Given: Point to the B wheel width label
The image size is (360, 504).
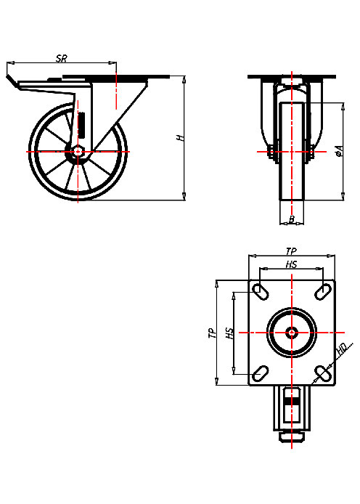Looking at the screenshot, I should [x=291, y=219].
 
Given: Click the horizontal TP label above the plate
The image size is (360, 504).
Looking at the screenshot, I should [x=291, y=251].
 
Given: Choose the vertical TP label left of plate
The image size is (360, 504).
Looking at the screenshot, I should [x=212, y=333].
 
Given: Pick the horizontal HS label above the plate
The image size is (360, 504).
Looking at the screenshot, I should [x=291, y=264].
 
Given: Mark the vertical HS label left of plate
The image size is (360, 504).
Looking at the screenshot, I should [x=229, y=333].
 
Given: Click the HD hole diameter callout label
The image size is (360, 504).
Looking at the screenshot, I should [x=341, y=352].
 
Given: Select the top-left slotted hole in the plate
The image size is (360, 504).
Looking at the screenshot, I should [x=260, y=292].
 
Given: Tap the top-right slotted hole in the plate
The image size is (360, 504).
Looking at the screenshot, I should [x=322, y=292].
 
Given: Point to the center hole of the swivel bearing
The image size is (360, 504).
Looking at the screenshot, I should [x=291, y=333].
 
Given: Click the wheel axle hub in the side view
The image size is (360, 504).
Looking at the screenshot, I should [x=78, y=152].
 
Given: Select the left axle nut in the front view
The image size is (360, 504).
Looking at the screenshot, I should [x=271, y=153].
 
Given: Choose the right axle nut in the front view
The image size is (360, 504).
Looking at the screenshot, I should [x=311, y=153].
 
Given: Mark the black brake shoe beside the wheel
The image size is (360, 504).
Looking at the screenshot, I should [x=81, y=124].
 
